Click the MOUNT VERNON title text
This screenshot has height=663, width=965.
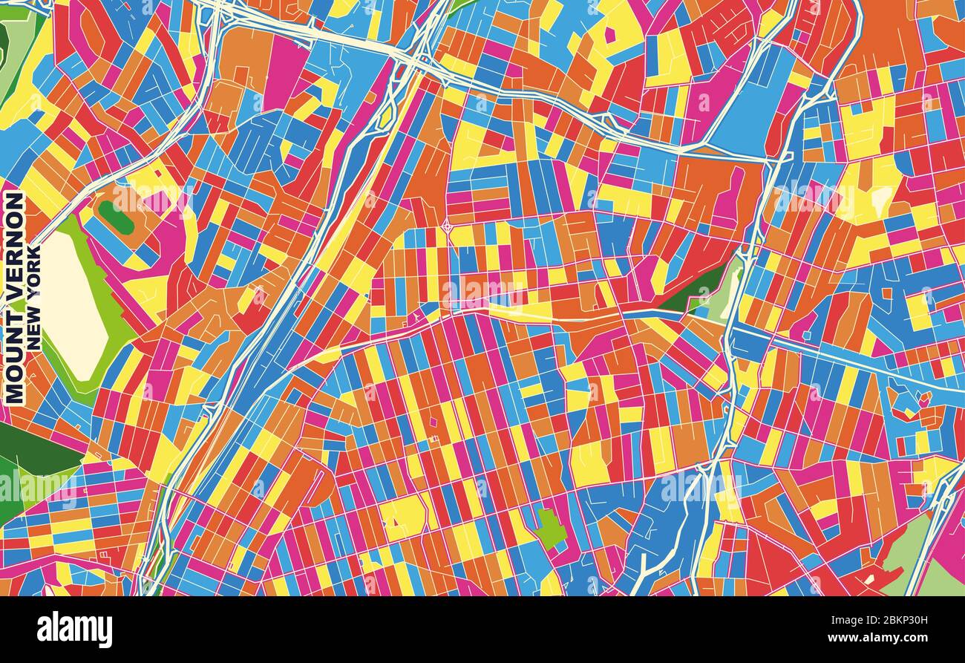point(15,297)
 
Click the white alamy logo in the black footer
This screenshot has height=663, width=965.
point(74,630)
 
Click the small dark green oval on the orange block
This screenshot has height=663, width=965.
point(116,217)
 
